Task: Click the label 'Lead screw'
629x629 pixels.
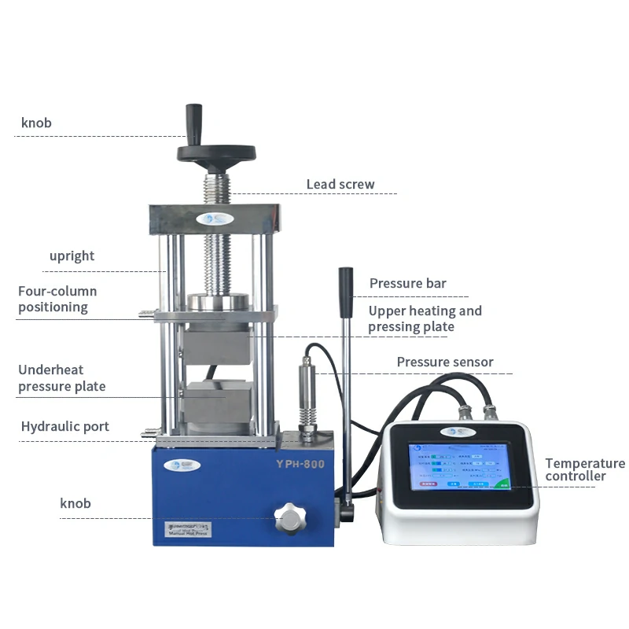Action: point(340,185)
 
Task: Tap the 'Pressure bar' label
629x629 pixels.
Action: point(407,283)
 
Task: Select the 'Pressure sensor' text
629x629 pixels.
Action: point(444,362)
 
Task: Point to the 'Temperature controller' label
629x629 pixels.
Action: point(585,469)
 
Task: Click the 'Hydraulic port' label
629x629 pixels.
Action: point(64,427)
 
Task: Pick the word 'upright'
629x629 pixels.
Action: point(72,256)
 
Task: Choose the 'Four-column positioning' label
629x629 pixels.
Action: point(57,299)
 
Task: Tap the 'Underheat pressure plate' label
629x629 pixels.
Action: point(61,377)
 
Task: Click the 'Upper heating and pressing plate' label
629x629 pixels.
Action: point(425,318)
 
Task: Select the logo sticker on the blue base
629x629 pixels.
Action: point(189,465)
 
